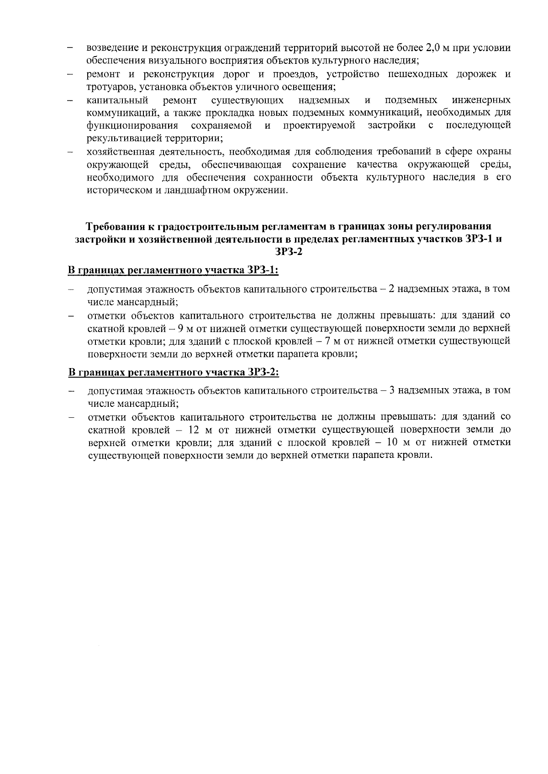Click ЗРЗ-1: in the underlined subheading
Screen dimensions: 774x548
click(x=263, y=270)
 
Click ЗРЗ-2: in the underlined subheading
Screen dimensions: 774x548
click(x=263, y=372)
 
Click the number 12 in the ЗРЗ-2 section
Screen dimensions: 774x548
click(x=193, y=430)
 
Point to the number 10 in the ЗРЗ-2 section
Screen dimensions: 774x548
click(x=391, y=442)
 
